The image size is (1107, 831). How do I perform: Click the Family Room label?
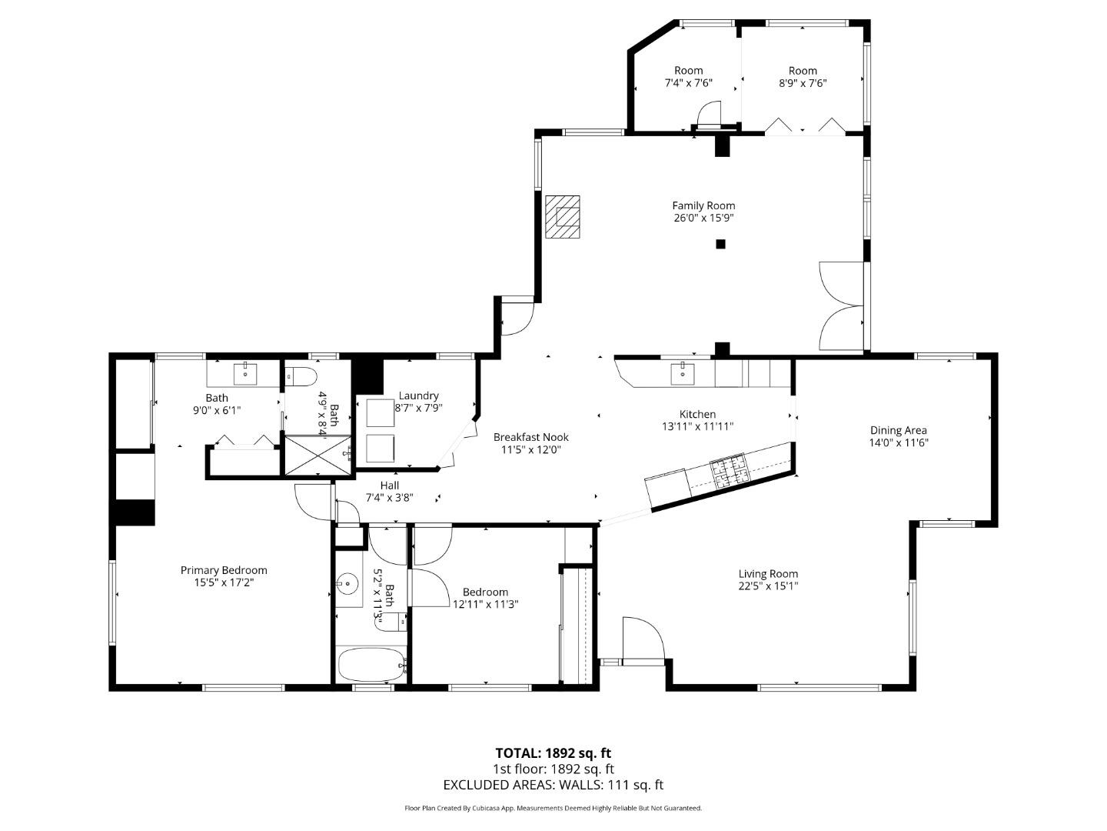[703, 205]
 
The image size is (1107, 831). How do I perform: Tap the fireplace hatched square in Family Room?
[563, 218]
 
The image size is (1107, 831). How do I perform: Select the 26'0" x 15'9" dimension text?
[703, 218]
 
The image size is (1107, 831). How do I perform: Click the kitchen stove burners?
[728, 472]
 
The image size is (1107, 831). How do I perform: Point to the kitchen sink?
[683, 373]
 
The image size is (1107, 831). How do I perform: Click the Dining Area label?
[898, 430]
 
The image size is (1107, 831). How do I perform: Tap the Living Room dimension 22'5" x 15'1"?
[768, 586]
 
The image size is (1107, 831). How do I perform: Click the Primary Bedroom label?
[224, 570]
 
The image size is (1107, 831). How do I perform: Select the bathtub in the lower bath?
[371, 665]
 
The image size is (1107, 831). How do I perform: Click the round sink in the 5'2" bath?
[350, 585]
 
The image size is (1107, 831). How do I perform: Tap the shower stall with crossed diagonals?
[317, 456]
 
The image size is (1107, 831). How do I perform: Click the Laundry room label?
[419, 395]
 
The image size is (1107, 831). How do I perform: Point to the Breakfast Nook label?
[531, 437]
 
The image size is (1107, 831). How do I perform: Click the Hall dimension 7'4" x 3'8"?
[390, 497]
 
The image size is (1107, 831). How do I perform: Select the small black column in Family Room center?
[720, 244]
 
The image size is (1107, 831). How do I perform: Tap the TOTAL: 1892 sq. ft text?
[553, 753]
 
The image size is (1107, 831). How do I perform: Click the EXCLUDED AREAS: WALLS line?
[553, 785]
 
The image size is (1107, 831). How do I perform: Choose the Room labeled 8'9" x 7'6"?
[803, 77]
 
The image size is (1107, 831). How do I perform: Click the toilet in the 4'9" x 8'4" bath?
[301, 376]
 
